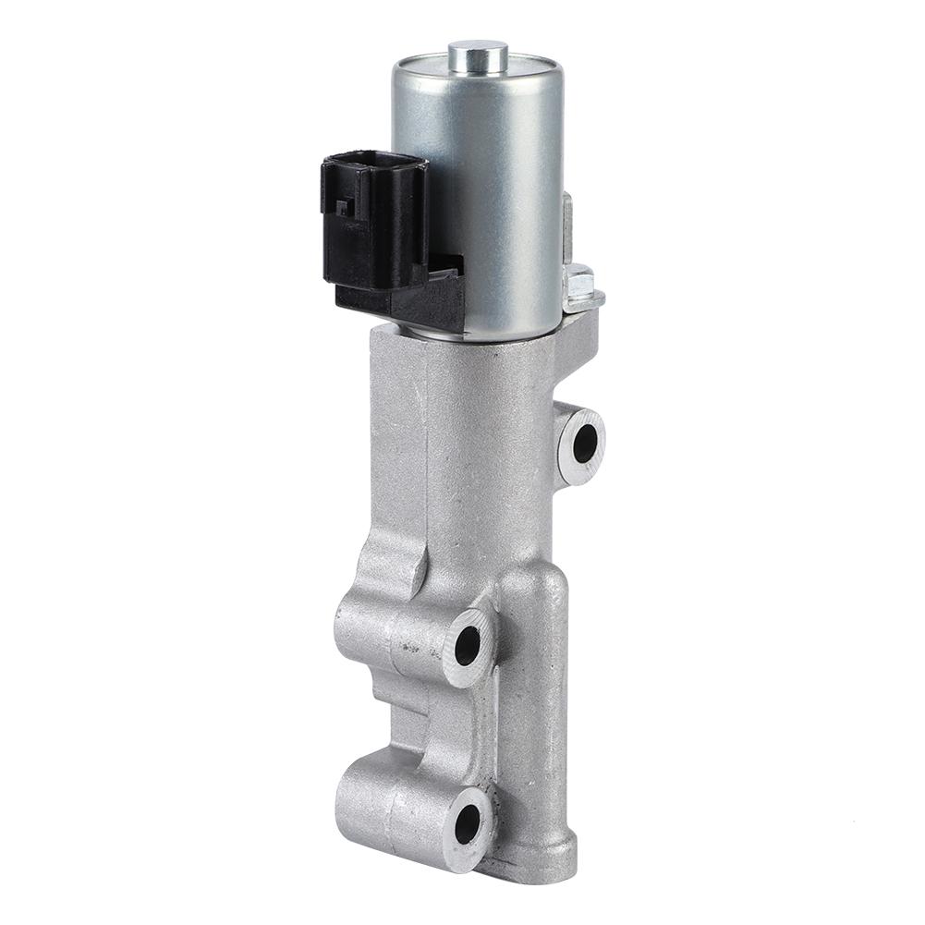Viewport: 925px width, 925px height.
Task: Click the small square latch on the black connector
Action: pyautogui.click(x=343, y=206)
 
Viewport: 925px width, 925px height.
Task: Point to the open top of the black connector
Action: pyautogui.click(x=375, y=161)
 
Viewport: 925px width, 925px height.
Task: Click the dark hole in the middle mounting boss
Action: pyautogui.click(x=468, y=645)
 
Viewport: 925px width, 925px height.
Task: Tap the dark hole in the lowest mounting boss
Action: pyautogui.click(x=468, y=823)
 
